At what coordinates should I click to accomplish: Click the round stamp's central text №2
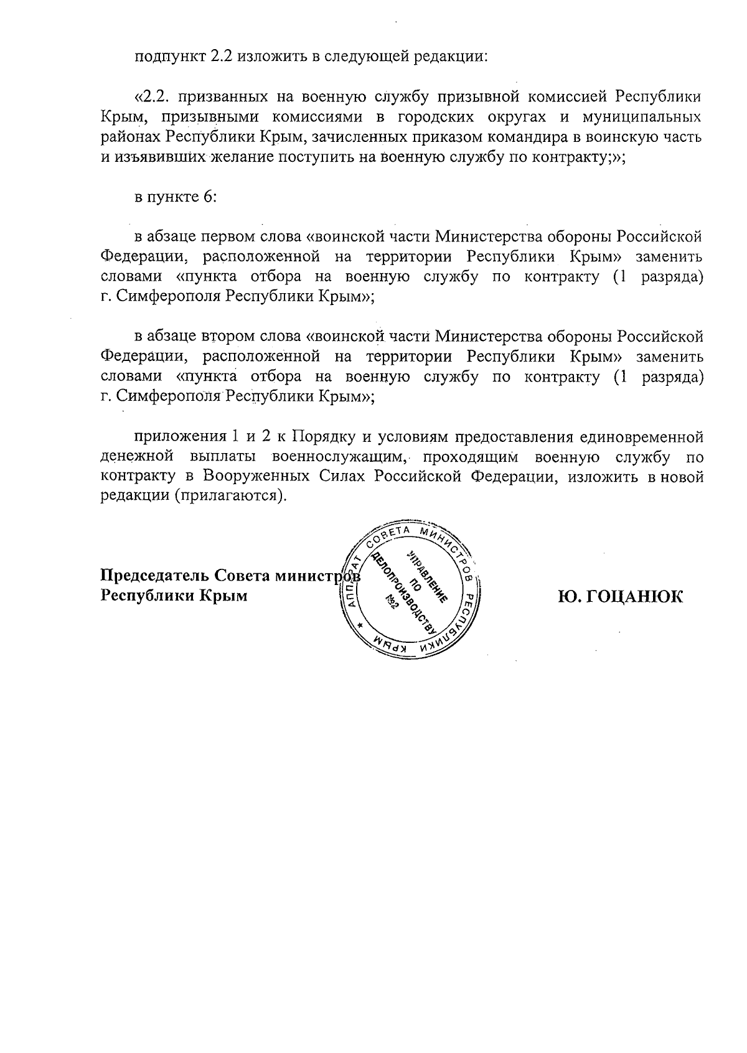click(392, 602)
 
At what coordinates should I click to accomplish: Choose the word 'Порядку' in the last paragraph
click(324, 437)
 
